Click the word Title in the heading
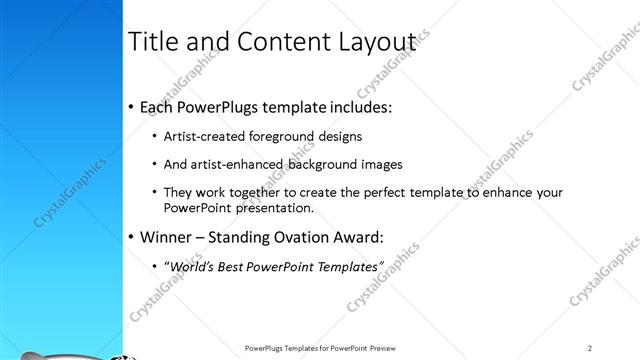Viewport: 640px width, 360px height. tap(153, 41)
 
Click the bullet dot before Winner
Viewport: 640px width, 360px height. tap(132, 238)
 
